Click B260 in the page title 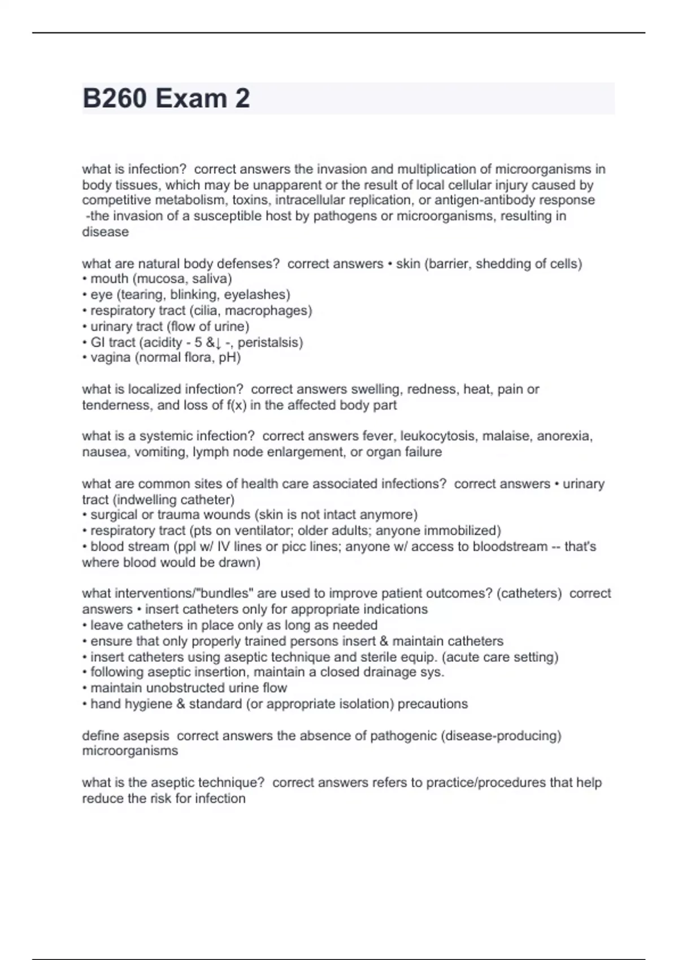click(115, 98)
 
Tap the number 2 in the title click(242, 98)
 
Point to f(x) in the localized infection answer click(236, 405)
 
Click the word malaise click(508, 437)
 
